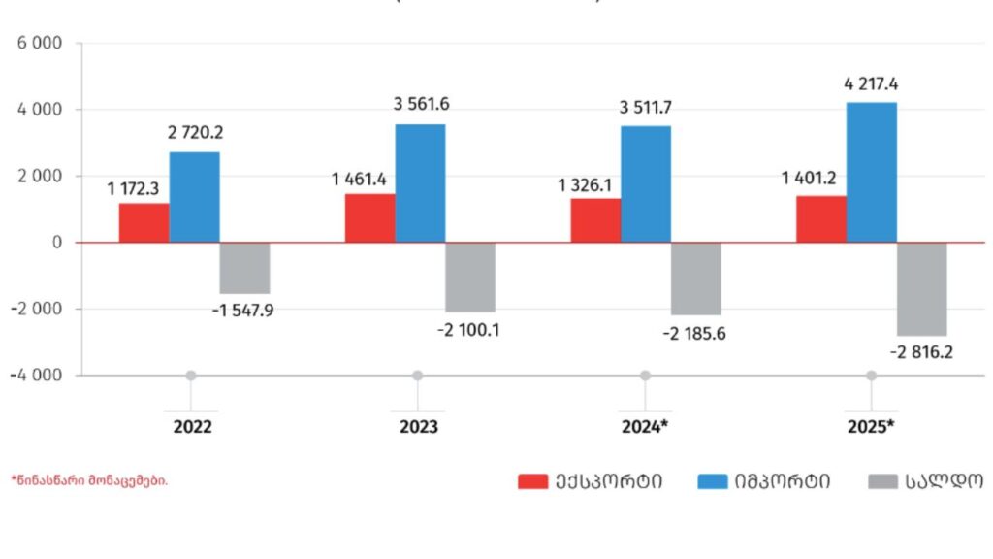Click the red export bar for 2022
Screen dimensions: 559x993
coord(144,222)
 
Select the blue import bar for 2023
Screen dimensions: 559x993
coord(420,183)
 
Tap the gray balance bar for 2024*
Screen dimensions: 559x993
coord(695,279)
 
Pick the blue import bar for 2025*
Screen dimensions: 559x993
coord(871,172)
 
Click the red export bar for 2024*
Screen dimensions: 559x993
coord(595,220)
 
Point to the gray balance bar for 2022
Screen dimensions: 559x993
coord(244,268)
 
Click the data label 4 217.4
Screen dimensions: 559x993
coord(871,84)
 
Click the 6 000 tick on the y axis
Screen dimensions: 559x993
coord(39,44)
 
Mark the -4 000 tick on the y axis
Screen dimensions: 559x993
coord(37,376)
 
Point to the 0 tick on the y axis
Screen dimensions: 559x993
coord(57,243)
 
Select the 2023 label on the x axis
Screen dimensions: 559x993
coord(418,427)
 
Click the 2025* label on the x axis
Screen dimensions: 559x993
coord(871,427)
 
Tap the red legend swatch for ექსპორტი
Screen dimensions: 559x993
coord(532,481)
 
